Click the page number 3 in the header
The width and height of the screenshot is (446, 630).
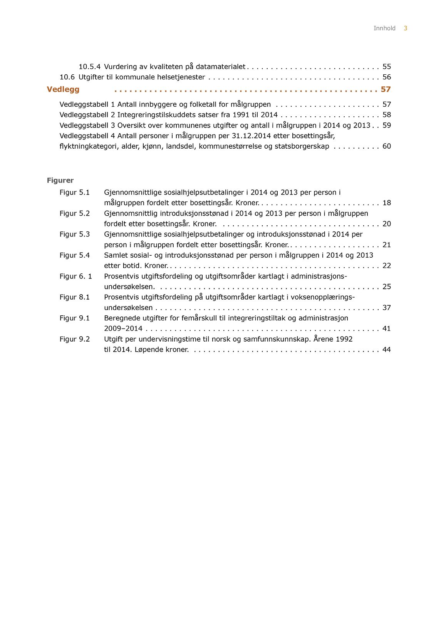tap(405, 28)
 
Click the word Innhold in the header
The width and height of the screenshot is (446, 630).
tap(384, 28)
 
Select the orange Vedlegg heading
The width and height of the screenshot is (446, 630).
tap(63, 89)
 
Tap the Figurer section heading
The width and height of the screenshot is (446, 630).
tap(60, 180)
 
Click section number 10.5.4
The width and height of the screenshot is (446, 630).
tap(89, 67)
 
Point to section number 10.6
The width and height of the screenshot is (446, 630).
tap(67, 77)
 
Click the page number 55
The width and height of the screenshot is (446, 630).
tap(386, 67)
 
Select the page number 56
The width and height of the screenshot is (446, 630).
tap(386, 77)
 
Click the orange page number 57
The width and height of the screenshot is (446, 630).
tap(386, 89)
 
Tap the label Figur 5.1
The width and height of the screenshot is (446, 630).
tap(74, 192)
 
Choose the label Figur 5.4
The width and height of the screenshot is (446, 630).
tap(74, 255)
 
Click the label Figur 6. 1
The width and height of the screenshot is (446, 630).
tap(75, 276)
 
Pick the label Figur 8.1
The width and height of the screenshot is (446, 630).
tap(74, 297)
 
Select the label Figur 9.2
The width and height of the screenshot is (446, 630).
tap(74, 339)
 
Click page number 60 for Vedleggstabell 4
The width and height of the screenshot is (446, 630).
tap(386, 146)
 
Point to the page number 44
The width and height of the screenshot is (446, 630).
tap(386, 349)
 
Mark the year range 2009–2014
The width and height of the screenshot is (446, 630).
tap(123, 328)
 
